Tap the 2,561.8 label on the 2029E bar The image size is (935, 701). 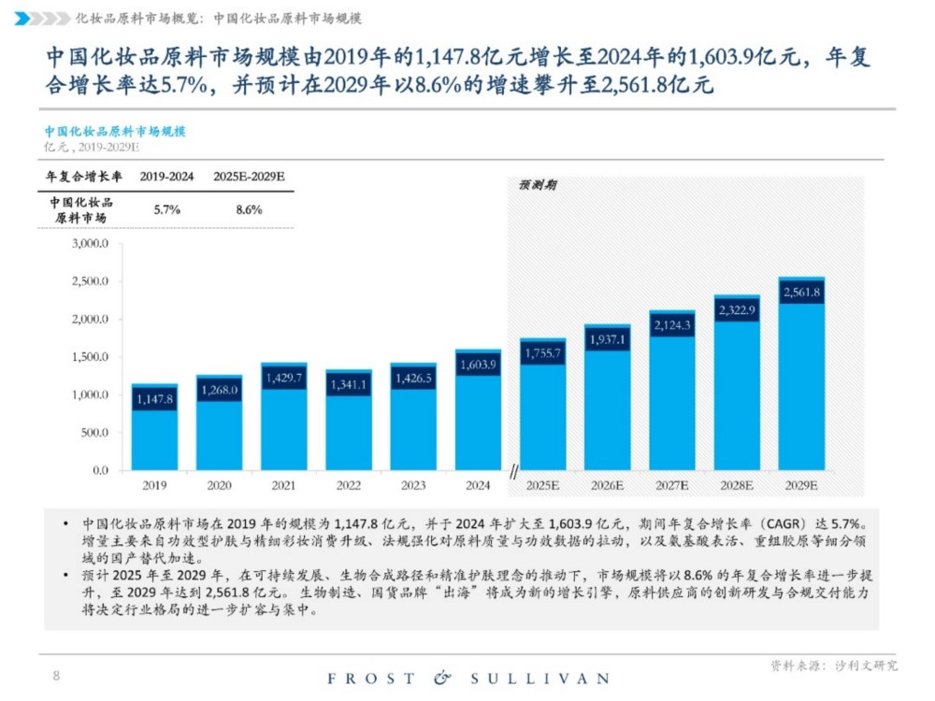tap(801, 293)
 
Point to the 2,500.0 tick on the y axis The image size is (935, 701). tap(91, 281)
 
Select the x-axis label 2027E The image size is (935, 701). tap(671, 486)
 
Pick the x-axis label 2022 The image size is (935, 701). tap(349, 486)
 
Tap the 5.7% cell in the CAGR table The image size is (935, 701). tap(166, 210)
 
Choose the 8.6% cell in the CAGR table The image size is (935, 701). tap(249, 210)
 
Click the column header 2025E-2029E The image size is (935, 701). tap(249, 177)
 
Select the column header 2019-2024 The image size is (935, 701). tap(166, 177)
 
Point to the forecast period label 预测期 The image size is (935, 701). tap(537, 185)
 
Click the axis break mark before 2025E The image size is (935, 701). tap(513, 476)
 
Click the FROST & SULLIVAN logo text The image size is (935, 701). tap(467, 678)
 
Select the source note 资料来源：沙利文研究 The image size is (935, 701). tap(833, 665)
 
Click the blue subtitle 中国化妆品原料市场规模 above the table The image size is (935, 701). tap(115, 132)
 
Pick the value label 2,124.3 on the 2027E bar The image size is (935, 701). tap(671, 325)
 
